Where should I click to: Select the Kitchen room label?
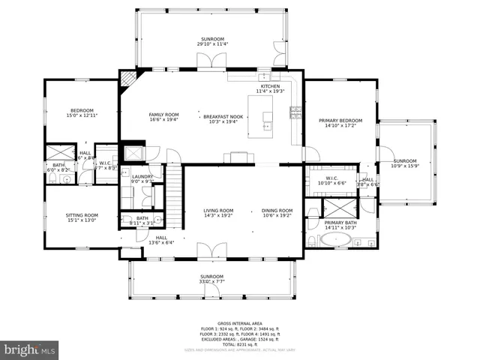269,86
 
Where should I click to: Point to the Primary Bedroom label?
340,121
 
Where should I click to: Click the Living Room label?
218,211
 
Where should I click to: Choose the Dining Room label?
277,211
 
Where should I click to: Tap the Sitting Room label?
82,215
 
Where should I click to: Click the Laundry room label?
142,176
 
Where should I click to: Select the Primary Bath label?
340,223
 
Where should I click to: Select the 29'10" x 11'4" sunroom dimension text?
212,44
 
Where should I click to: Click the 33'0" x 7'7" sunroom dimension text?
211,282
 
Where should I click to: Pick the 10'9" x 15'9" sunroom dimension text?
405,166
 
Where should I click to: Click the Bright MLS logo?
30,349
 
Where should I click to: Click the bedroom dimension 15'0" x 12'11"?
82,115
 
